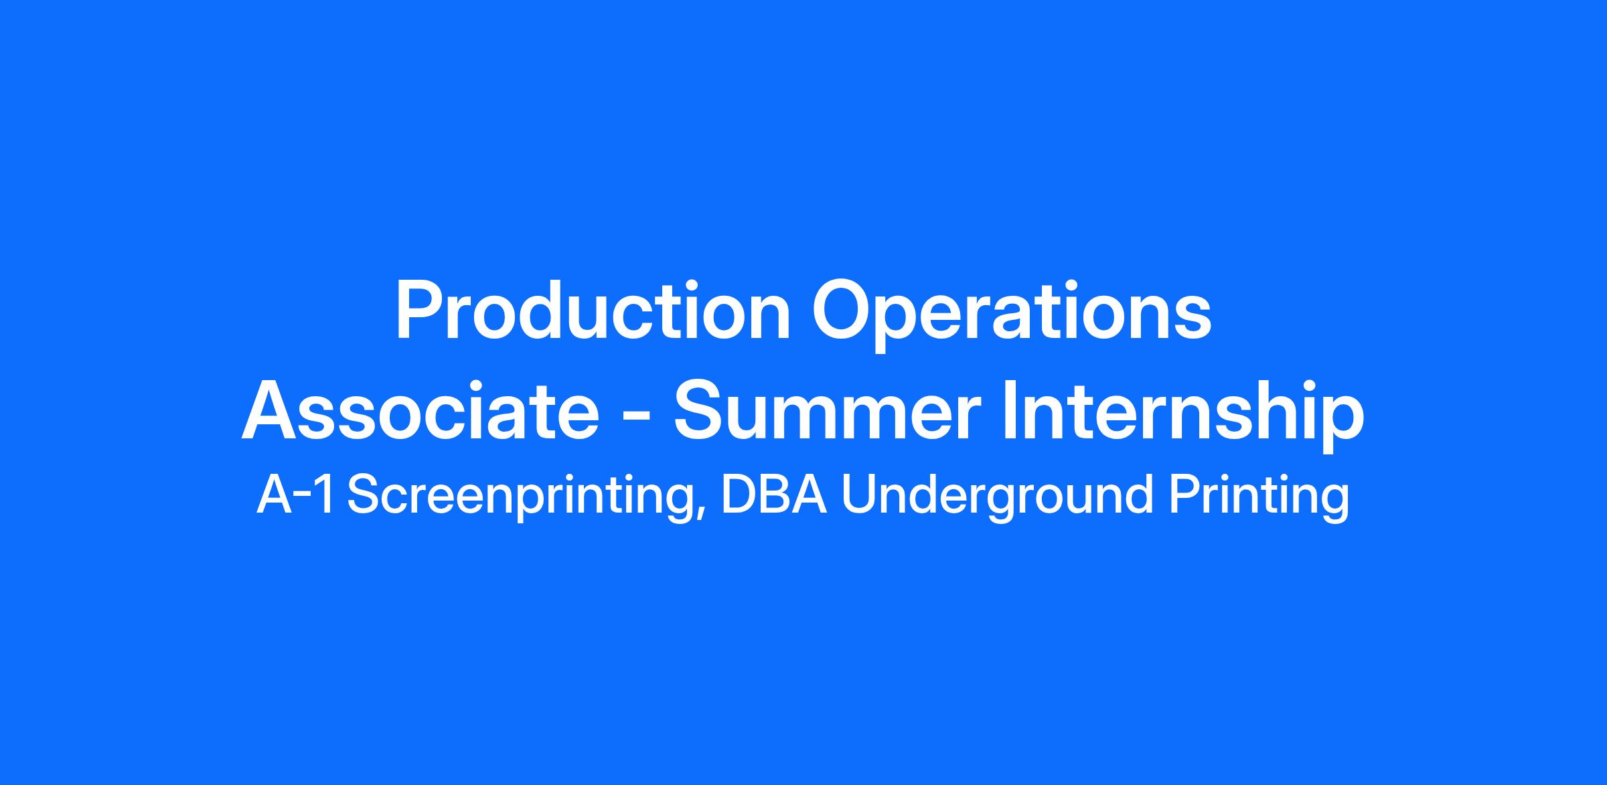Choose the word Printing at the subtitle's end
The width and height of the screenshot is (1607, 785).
point(1259,499)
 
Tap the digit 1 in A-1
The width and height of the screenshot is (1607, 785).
point(325,495)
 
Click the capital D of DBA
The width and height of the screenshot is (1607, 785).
point(739,495)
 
